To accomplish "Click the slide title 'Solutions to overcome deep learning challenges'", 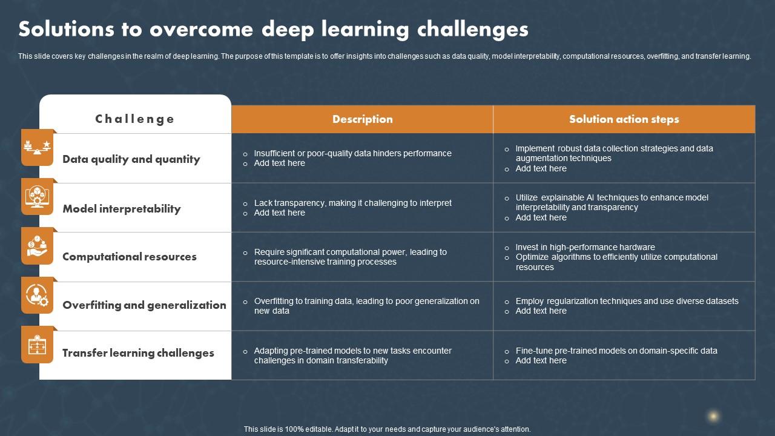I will (273, 29).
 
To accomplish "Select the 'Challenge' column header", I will (135, 119).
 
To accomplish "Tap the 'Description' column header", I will (362, 119).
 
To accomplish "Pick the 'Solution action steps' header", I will (624, 119).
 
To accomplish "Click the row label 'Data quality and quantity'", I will (131, 159).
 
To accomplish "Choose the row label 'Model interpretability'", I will (122, 209).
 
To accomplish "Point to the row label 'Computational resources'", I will (130, 257).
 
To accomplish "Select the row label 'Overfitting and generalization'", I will (144, 305).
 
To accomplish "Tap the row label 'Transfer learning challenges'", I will (138, 353).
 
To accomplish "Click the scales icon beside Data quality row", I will (37, 147).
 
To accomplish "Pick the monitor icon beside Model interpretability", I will (37, 196).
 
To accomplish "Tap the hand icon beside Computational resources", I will (37, 246).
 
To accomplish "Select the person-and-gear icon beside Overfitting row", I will (37, 295).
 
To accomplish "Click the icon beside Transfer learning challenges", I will (37, 345).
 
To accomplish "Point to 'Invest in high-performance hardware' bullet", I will (585, 247).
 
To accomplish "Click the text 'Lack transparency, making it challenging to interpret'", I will (352, 203).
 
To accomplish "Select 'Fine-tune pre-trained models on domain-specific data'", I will (616, 351).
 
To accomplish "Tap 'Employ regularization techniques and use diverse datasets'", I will (627, 301).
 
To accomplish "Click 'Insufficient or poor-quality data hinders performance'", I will (352, 153).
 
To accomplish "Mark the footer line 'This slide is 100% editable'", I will (387, 429).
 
